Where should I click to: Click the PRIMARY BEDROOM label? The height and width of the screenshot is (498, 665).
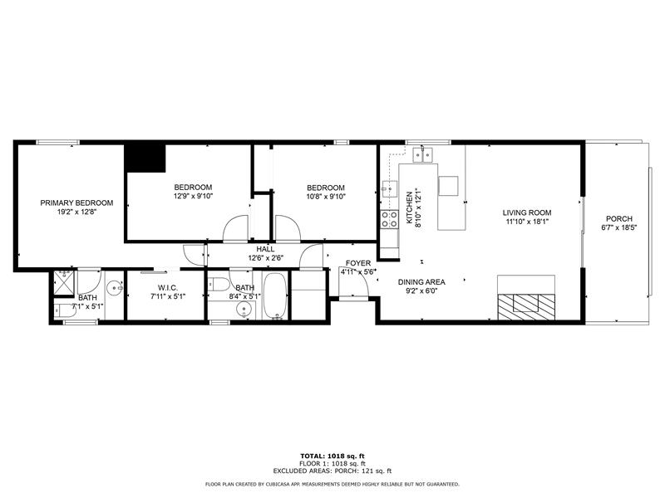point(77,203)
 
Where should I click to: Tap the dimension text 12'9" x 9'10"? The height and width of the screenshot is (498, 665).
point(193,197)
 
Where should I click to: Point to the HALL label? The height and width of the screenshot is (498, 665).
point(265,248)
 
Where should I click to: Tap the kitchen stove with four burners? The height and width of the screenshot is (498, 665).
point(388,219)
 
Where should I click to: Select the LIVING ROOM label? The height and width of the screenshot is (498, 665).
point(527,212)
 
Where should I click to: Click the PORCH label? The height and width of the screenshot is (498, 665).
point(619,218)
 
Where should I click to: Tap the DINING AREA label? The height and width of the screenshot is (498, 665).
point(421,282)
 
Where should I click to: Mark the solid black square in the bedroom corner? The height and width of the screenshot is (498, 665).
point(145,158)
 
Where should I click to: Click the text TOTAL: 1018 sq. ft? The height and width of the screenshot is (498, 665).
point(332,456)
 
